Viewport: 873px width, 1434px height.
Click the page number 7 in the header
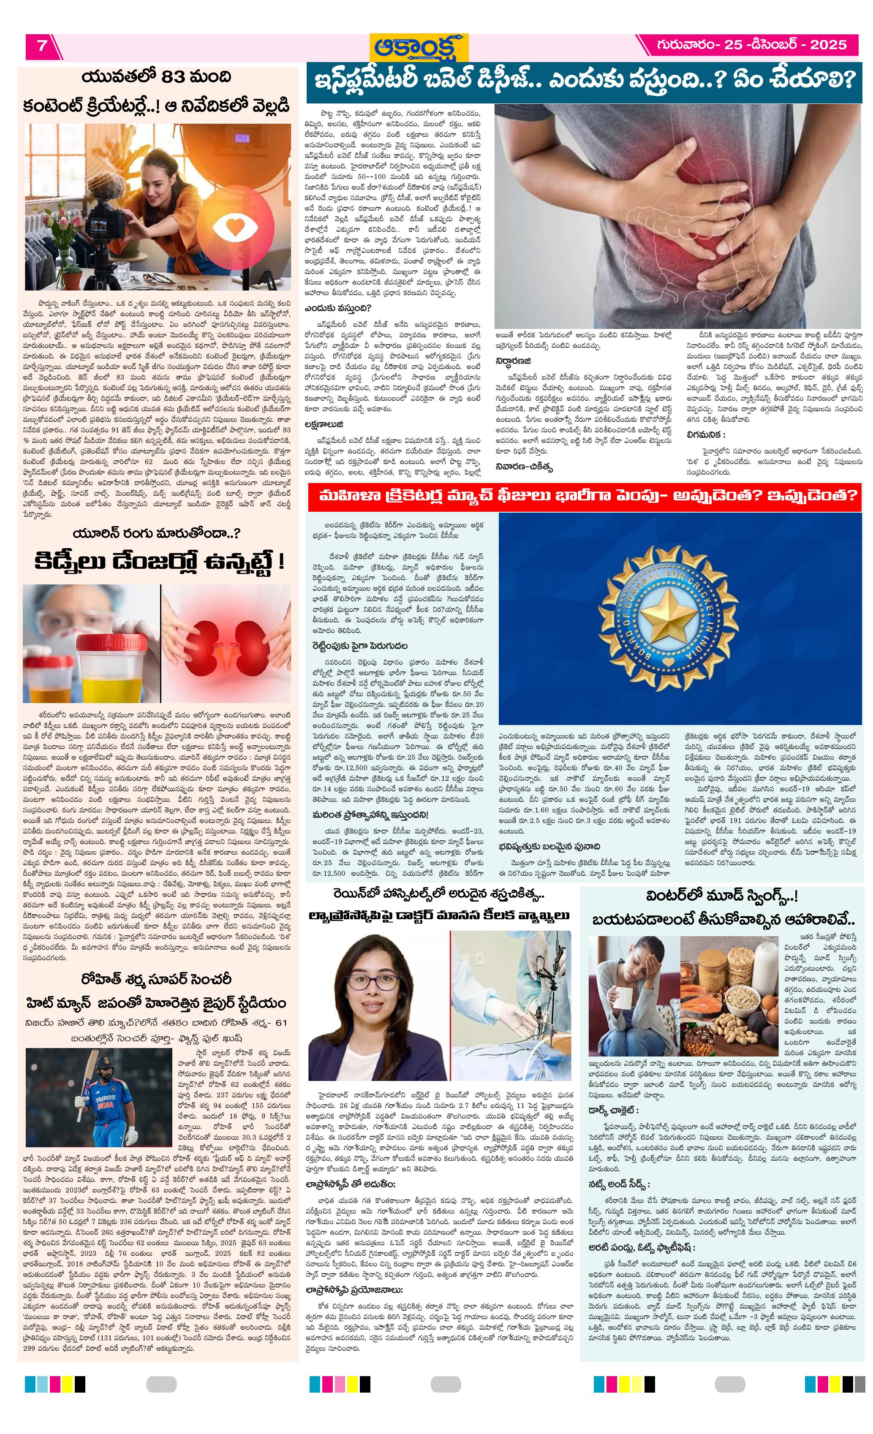point(42,46)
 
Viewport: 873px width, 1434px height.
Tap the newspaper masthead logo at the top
point(421,46)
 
